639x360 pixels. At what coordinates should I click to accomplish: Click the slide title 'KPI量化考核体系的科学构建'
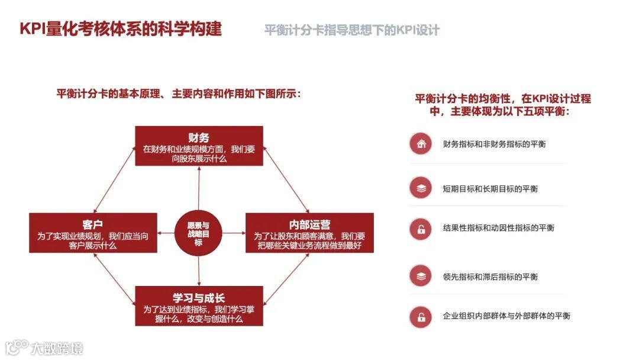point(121,29)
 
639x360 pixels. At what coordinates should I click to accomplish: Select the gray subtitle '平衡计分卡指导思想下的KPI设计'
point(352,30)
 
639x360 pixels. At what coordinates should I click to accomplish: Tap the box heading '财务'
point(199,137)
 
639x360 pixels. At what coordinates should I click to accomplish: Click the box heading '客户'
point(93,224)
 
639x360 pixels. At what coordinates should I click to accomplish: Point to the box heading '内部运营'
point(309,224)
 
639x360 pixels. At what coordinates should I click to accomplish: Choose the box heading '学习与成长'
point(199,298)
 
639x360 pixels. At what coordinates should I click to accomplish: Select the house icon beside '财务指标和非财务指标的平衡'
point(421,144)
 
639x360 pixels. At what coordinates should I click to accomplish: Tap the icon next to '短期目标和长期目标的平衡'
point(421,188)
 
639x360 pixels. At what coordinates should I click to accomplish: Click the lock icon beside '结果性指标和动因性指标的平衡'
point(421,228)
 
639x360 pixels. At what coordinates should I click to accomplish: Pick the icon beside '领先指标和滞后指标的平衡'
point(421,276)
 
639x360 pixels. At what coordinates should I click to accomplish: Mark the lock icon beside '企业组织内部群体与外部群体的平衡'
point(421,316)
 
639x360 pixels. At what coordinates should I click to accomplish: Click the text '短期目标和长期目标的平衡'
point(490,189)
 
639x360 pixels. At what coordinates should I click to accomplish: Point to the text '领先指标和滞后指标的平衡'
point(490,277)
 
